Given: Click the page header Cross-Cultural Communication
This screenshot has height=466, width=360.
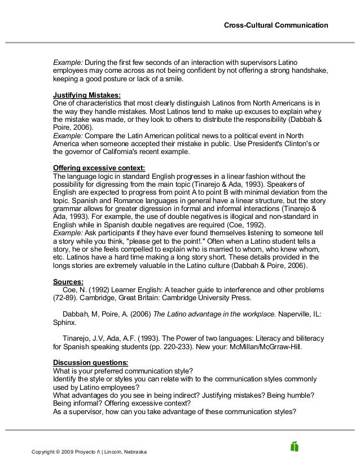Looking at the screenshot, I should [275, 25].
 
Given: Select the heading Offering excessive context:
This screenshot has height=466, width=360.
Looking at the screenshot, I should [99, 168].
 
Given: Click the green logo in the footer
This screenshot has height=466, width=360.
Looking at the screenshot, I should [294, 446].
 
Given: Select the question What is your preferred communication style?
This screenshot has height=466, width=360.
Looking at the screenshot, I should [122, 370].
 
